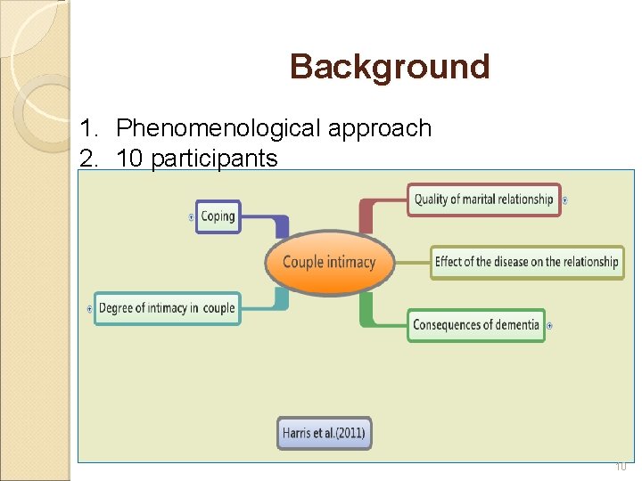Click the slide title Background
(x=390, y=67)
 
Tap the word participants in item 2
(x=214, y=159)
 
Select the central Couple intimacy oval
(x=329, y=262)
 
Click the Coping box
(x=218, y=216)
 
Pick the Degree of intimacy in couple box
(x=167, y=308)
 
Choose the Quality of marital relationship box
(x=483, y=200)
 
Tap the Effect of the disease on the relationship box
(x=526, y=262)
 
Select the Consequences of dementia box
(x=476, y=325)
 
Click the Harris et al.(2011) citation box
(x=324, y=434)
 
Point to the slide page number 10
(x=621, y=466)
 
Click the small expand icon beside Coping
(x=193, y=216)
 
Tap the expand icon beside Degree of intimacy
(x=90, y=308)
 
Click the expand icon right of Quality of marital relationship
(x=565, y=200)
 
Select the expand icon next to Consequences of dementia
(x=549, y=325)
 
